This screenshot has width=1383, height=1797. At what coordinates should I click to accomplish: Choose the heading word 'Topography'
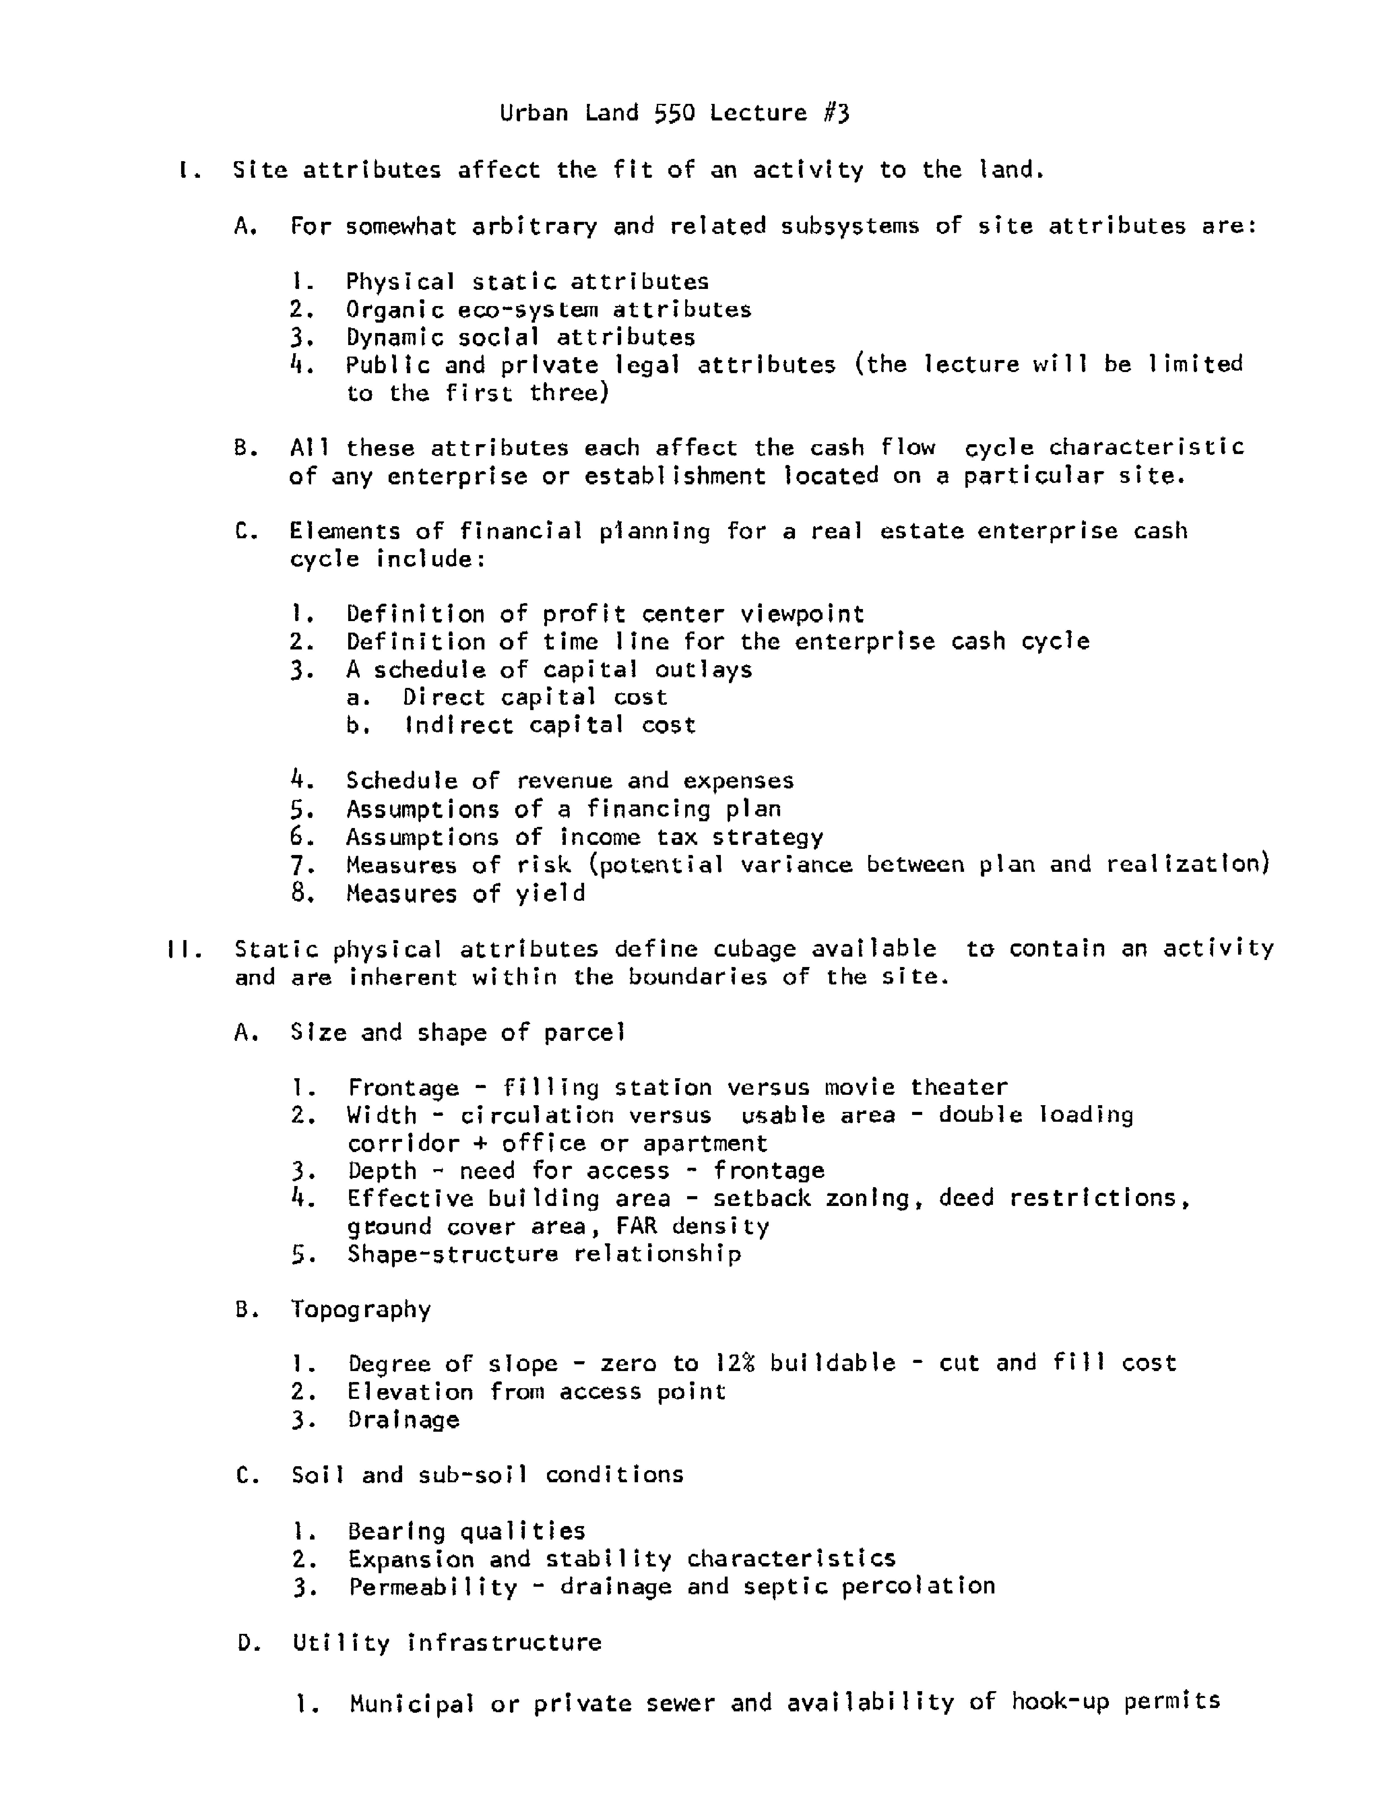(361, 1309)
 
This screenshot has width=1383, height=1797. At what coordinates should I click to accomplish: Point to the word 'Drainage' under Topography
(403, 1420)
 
